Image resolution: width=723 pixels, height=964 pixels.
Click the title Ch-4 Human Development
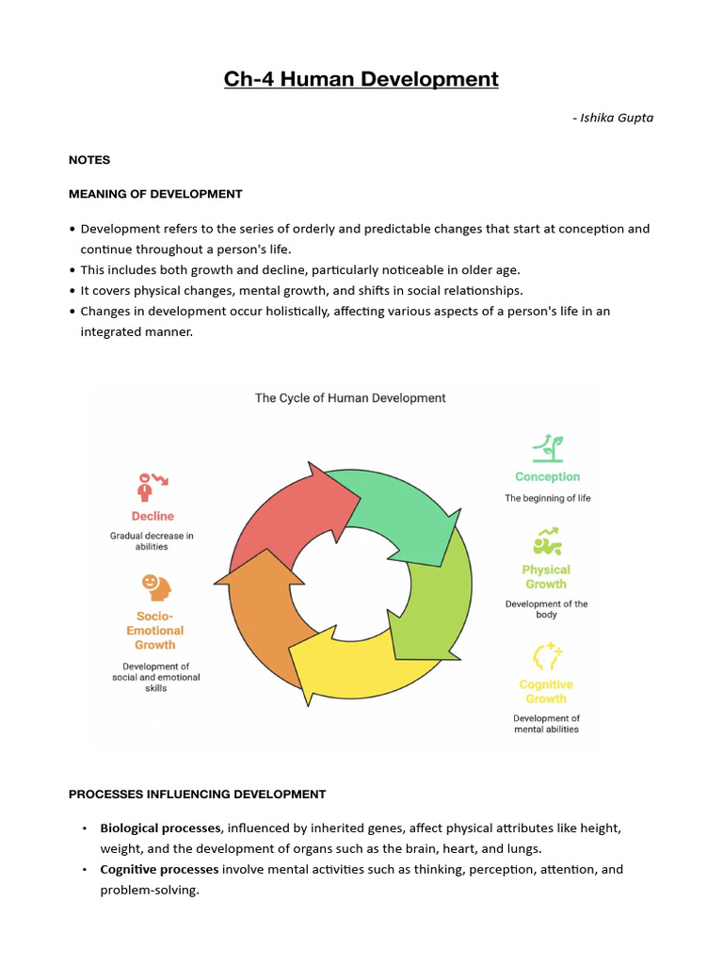pyautogui.click(x=361, y=79)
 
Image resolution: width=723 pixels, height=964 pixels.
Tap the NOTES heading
pyautogui.click(x=89, y=160)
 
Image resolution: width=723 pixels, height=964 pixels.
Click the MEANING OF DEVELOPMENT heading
pyautogui.click(x=155, y=194)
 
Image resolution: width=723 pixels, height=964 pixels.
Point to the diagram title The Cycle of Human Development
pyautogui.click(x=350, y=398)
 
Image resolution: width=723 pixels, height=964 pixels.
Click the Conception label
pyautogui.click(x=548, y=477)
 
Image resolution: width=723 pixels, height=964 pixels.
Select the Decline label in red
pyautogui.click(x=153, y=516)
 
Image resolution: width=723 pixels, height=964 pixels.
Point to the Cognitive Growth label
pyautogui.click(x=546, y=692)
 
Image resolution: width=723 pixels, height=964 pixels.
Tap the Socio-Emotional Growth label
pyautogui.click(x=155, y=631)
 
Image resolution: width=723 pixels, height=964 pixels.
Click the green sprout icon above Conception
pyautogui.click(x=545, y=447)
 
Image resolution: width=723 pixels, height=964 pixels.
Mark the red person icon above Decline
pyautogui.click(x=151, y=486)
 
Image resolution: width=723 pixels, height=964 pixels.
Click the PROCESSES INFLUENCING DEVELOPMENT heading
pyautogui.click(x=197, y=795)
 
